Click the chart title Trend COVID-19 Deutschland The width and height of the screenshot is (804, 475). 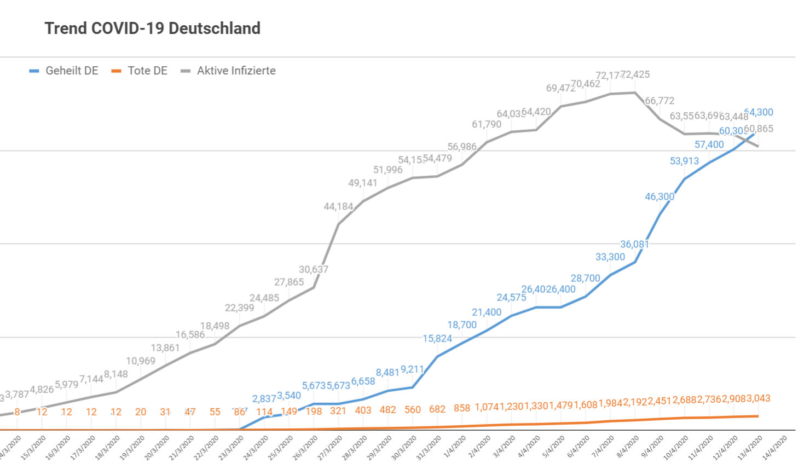coord(152,28)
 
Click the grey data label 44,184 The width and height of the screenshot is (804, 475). coord(338,206)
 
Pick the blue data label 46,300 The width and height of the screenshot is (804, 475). coord(660,196)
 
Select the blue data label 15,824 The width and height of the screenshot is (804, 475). coord(437,338)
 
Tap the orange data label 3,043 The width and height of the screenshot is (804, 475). coord(758,398)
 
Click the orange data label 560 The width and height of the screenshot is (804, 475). coord(413,410)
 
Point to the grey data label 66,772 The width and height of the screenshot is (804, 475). coord(660,101)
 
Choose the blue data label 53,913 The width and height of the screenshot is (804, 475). coord(684,161)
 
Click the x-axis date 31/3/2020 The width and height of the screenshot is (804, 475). coord(429,448)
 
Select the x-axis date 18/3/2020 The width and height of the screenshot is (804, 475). coord(107,448)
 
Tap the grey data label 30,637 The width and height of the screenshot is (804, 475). coord(314,269)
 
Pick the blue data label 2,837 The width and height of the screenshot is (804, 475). coord(264,399)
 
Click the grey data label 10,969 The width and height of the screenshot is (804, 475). coord(141,361)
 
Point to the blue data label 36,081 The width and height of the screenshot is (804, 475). coord(634,244)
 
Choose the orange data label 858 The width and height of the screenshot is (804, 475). coord(462,408)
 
